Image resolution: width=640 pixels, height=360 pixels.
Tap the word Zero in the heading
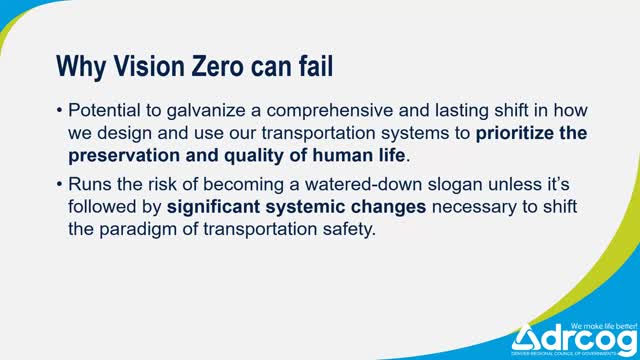pyautogui.click(x=216, y=67)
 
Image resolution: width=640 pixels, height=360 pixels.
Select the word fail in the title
pyautogui.click(x=313, y=67)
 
